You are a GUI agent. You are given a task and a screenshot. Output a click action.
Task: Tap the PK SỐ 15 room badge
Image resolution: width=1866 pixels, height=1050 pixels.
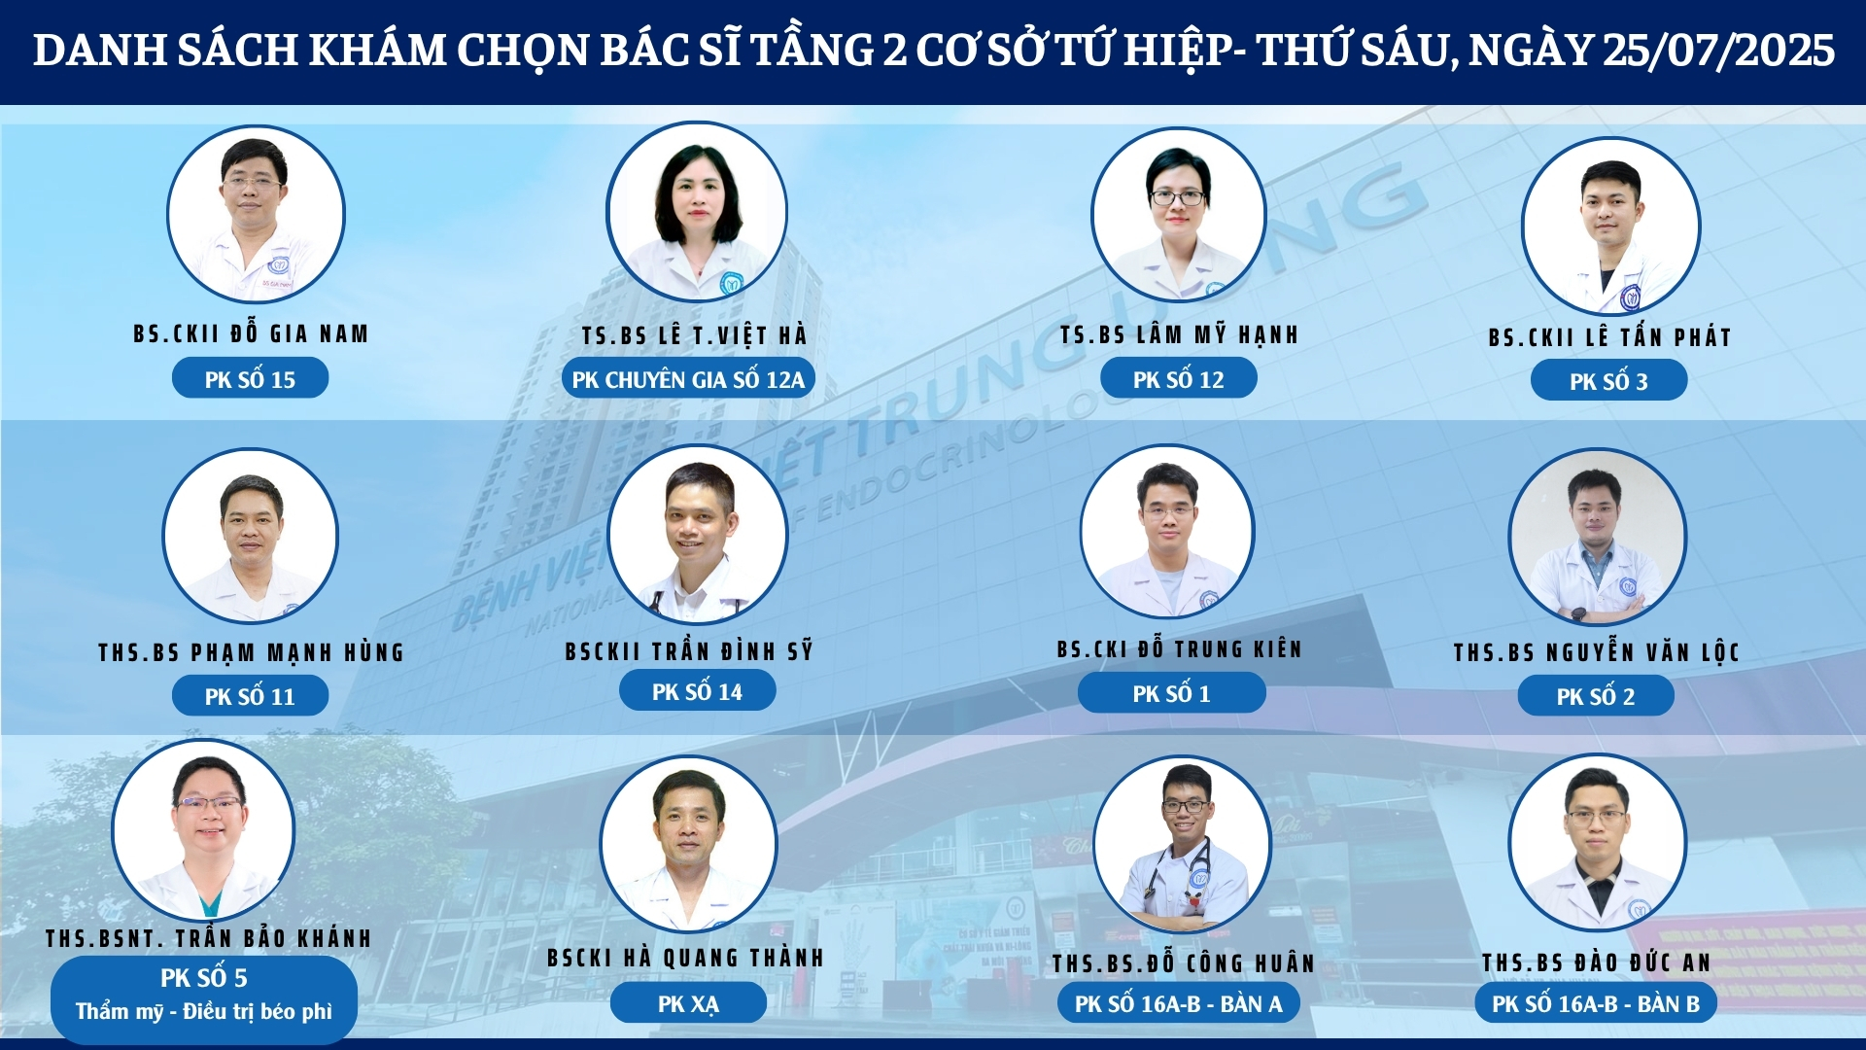250,379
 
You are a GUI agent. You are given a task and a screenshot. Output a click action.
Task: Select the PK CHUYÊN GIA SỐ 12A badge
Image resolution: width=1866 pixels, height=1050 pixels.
688,379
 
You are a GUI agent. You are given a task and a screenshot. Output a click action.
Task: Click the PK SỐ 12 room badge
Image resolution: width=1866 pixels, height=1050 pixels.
1178,379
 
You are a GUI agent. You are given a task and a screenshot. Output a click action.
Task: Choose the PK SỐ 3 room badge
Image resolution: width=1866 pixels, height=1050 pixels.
1608,381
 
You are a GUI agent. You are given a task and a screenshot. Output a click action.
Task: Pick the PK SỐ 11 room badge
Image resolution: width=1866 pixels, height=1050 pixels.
250,696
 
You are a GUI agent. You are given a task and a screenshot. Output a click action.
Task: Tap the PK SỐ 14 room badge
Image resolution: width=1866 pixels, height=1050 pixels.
697,691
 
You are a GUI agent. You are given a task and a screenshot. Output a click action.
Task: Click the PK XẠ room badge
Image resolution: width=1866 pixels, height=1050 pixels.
688,1003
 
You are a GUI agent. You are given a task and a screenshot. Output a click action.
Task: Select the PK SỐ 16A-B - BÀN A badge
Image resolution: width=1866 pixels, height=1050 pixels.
1178,1003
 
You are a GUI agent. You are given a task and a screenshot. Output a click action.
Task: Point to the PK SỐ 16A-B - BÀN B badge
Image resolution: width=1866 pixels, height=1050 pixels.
1596,1003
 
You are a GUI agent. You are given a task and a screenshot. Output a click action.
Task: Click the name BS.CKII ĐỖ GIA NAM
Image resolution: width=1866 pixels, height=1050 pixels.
251,333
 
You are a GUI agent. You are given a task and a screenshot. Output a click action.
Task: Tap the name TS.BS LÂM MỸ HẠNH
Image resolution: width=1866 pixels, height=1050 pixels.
1179,334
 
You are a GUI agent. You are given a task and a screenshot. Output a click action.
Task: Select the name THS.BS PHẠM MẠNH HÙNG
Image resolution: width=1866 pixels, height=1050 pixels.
251,651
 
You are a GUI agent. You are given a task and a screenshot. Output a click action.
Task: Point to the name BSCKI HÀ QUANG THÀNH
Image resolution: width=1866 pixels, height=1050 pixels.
685,958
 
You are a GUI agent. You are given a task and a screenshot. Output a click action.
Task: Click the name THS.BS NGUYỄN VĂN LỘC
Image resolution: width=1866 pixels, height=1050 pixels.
1596,651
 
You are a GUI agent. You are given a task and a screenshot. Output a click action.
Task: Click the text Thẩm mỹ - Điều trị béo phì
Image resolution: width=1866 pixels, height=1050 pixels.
204,1011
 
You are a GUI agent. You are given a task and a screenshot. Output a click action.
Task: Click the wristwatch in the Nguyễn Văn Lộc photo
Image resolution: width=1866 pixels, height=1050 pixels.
1579,613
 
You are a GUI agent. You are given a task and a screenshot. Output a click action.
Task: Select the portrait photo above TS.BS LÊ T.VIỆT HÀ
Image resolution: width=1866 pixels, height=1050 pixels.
696,211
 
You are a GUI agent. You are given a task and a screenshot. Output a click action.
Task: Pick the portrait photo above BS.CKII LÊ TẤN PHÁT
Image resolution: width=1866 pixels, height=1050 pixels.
1610,226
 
